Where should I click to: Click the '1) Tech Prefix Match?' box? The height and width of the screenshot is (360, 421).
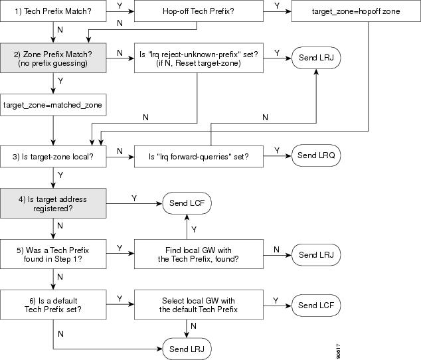(53, 11)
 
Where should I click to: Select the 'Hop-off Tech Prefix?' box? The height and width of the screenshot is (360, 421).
(199, 11)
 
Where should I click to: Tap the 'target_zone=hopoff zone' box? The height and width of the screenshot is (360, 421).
(356, 11)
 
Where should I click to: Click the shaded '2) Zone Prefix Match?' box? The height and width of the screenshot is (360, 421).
(53, 58)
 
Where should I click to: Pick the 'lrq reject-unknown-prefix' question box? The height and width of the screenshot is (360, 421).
(199, 58)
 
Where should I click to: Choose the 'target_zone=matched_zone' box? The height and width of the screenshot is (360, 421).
(53, 105)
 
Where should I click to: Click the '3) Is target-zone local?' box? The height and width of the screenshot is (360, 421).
(53, 157)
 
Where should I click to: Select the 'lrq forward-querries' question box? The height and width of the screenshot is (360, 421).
(199, 157)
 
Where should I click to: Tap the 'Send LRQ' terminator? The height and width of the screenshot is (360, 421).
(316, 155)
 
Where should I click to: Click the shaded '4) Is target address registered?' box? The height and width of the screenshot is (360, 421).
(53, 203)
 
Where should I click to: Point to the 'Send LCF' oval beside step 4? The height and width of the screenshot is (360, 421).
(187, 203)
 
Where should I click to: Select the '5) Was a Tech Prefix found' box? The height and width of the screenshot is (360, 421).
(53, 254)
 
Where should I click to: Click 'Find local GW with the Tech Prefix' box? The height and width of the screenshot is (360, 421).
(199, 254)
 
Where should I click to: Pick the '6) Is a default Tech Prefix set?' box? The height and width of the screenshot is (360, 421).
(53, 305)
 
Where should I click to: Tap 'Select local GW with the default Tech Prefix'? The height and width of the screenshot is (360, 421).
(199, 305)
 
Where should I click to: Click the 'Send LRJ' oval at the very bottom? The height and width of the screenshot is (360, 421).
(187, 349)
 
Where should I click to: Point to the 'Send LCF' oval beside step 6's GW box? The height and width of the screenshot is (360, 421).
(316, 305)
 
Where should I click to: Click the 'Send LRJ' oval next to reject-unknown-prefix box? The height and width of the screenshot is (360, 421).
(316, 58)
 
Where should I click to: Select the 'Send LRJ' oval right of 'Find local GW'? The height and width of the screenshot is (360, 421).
(316, 254)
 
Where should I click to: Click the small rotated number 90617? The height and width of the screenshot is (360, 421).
(338, 351)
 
